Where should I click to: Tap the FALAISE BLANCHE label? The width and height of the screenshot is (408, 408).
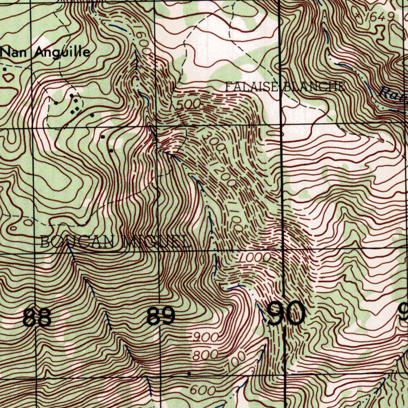[284, 87]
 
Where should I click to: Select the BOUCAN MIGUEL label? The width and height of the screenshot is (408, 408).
[114, 241]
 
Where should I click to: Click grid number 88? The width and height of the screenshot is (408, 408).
[37, 318]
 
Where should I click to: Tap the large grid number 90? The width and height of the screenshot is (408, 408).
[286, 314]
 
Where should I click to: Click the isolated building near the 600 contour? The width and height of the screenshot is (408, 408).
[189, 374]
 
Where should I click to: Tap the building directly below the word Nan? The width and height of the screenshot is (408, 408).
[5, 69]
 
